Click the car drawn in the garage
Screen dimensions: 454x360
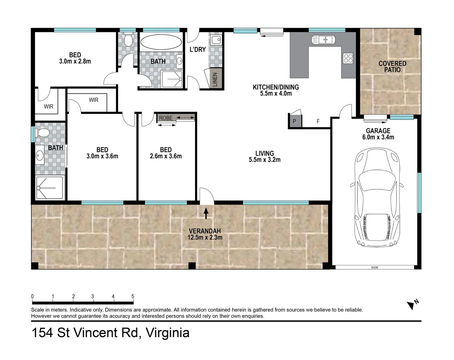(377, 197)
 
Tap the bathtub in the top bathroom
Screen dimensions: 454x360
(161, 42)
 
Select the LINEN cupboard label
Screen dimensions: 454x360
(215, 80)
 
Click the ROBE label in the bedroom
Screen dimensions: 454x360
(166, 118)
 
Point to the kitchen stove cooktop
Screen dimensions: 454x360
(348, 58)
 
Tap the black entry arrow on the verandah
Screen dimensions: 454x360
(206, 213)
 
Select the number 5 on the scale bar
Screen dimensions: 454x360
(133, 296)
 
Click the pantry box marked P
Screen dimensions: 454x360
(295, 121)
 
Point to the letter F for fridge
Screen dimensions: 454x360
(318, 121)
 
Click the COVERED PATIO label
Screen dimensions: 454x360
(392, 66)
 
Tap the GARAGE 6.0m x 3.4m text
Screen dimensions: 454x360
(378, 134)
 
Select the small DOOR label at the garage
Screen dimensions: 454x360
(375, 267)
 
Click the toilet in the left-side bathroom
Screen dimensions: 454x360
(43, 133)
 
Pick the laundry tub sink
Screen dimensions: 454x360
(216, 40)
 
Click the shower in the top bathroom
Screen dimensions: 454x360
(171, 79)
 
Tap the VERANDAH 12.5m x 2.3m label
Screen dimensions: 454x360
(205, 234)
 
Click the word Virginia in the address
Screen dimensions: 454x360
(168, 333)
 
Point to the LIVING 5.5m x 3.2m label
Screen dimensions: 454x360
(265, 156)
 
